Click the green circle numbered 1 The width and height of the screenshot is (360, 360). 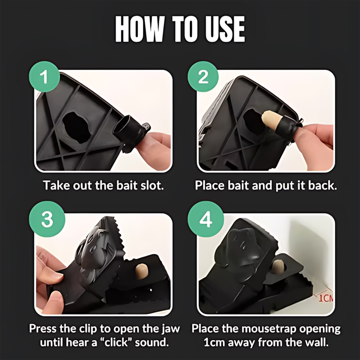[x=45, y=76]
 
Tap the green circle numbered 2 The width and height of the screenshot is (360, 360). [x=203, y=76]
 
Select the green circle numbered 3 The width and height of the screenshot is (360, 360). [x=47, y=219]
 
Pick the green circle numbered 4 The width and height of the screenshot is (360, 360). [x=206, y=219]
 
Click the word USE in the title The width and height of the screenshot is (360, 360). [x=225, y=29]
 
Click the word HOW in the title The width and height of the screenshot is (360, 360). [x=140, y=29]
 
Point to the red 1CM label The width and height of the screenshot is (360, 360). [x=326, y=298]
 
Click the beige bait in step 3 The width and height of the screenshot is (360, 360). [x=141, y=271]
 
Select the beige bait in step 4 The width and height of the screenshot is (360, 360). [x=278, y=266]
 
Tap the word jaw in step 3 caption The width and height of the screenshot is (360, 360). [x=171, y=329]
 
